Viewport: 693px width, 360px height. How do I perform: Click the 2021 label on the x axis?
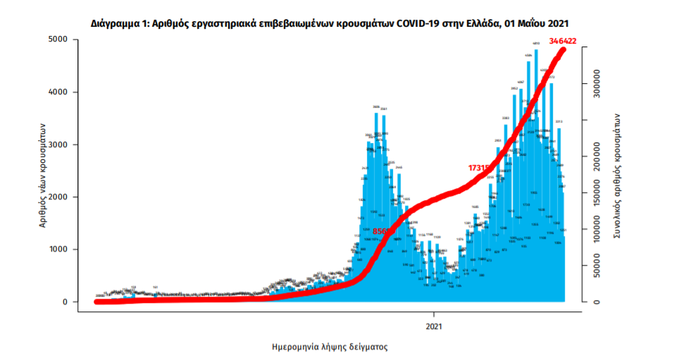click(435, 326)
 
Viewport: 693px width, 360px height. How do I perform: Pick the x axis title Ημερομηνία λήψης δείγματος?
click(330, 347)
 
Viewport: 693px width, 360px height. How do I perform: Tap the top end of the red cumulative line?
click(563, 49)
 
